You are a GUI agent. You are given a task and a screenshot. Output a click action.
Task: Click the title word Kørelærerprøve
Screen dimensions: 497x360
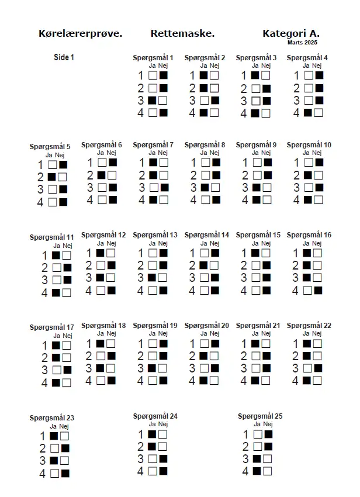click(80, 33)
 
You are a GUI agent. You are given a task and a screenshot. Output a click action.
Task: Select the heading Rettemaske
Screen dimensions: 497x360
click(182, 33)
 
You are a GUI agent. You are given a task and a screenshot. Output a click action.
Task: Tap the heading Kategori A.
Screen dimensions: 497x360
click(290, 33)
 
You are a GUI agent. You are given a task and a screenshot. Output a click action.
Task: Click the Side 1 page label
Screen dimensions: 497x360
click(64, 57)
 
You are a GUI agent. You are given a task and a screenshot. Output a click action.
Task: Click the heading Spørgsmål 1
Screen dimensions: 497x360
click(153, 58)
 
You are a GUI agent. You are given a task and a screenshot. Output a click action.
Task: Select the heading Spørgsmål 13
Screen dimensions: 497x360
click(155, 235)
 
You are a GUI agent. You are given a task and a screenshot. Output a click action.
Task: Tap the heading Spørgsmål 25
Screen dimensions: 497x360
click(260, 416)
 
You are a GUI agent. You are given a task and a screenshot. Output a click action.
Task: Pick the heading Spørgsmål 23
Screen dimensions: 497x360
click(52, 418)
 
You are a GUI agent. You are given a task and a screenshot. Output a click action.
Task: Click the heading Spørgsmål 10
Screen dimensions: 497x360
click(309, 145)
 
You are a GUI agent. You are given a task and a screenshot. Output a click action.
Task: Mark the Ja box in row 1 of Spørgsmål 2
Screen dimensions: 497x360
click(203, 75)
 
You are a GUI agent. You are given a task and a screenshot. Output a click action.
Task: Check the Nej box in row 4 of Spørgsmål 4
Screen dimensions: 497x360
click(319, 113)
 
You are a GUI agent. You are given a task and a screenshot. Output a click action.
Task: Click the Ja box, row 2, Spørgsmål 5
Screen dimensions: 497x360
click(52, 177)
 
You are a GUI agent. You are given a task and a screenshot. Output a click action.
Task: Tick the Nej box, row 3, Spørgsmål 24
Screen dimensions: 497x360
click(163, 459)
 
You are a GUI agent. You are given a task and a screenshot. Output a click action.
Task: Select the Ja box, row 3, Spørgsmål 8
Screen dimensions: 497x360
click(203, 188)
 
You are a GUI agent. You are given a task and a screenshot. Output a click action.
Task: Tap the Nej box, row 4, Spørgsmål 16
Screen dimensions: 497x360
click(319, 290)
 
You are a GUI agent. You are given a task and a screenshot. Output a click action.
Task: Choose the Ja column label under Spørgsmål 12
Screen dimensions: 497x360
click(101, 243)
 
